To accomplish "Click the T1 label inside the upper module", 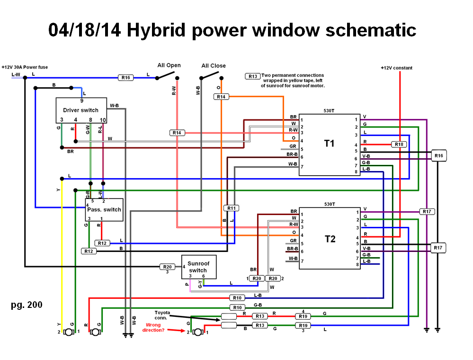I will [329, 143].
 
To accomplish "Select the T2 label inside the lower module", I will [330, 239].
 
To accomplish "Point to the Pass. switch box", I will [104, 209].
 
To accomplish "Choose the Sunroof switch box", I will [198, 267].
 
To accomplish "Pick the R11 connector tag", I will [231, 208].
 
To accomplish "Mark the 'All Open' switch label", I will [169, 65].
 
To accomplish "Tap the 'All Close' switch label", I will [214, 65].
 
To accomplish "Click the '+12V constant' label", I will [396, 68].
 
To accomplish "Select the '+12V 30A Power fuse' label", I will [25, 67].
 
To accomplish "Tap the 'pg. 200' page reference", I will [27, 305].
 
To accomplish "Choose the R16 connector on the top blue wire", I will [125, 77].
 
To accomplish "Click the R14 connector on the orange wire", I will [221, 97].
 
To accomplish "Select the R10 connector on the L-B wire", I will [237, 297].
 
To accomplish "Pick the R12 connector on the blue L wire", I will [102, 243].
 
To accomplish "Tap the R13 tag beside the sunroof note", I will [252, 76].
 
